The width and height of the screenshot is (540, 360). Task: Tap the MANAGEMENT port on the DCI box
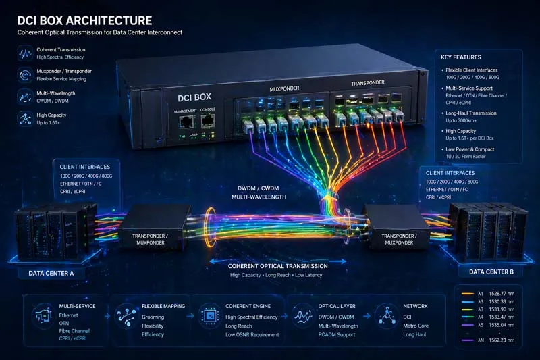tap(186, 122)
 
